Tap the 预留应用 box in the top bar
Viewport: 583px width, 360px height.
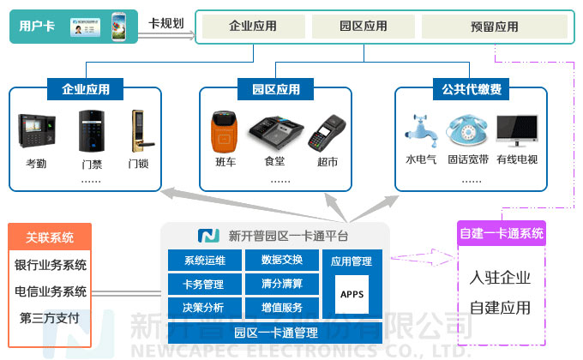(x=494, y=27)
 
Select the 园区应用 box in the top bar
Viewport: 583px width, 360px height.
(x=364, y=27)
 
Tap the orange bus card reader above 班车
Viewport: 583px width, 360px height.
(x=225, y=134)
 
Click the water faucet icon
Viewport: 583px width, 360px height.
(x=420, y=132)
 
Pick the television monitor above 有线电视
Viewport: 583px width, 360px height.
(x=517, y=132)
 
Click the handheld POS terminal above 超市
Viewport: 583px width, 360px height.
(x=327, y=134)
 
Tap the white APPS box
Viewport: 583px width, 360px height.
(x=352, y=295)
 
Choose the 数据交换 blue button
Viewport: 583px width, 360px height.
(x=281, y=261)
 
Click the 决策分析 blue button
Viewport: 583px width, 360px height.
(x=203, y=307)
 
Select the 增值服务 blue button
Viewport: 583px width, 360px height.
(x=281, y=307)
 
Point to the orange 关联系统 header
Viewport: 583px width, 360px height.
(x=50, y=237)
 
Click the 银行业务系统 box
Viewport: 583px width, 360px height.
(x=51, y=265)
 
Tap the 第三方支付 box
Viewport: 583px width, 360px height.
(x=50, y=318)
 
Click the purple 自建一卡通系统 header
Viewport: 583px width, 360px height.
(x=502, y=233)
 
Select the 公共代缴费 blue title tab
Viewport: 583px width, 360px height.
(x=472, y=88)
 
